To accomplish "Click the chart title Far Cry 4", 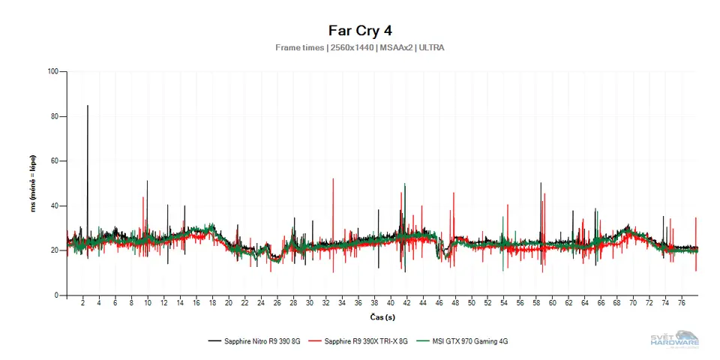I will [x=360, y=31].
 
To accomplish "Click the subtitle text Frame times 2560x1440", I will [x=360, y=48].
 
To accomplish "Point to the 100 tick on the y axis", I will [x=52, y=72].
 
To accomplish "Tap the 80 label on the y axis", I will [x=54, y=116].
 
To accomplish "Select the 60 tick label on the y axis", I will [x=54, y=161].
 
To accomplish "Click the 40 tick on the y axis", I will [x=54, y=205].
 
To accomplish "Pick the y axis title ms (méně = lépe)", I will [x=34, y=184].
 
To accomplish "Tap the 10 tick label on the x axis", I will [x=148, y=303].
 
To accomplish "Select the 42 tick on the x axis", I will [x=406, y=303].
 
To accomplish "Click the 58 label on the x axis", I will [x=536, y=303].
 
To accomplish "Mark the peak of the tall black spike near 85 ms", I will [x=88, y=106].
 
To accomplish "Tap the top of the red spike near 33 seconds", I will [x=333, y=179].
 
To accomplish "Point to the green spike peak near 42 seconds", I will [x=405, y=184].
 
